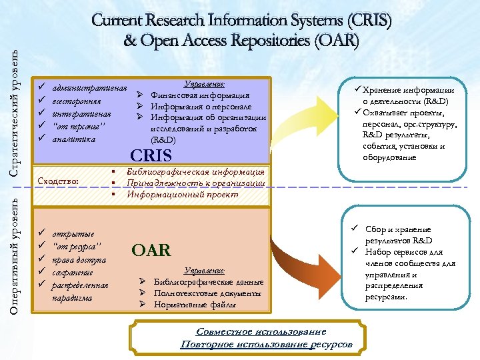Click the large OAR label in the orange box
point(151,250)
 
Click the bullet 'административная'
point(89,88)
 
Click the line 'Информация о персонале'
point(201,106)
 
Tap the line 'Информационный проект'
point(183,195)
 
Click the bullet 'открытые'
point(73,234)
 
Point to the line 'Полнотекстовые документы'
point(206,293)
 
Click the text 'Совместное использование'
point(261,331)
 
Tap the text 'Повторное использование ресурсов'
point(267,344)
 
